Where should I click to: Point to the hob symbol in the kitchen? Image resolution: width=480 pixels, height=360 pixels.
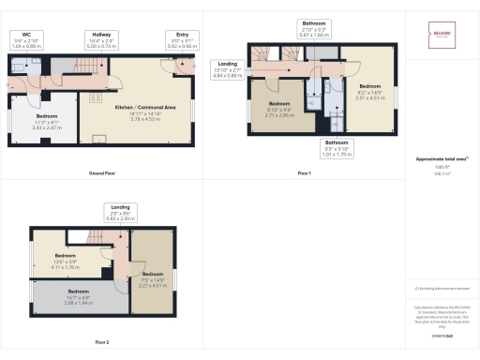tap(95, 97)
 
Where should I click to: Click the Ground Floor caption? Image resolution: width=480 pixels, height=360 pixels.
tap(102, 174)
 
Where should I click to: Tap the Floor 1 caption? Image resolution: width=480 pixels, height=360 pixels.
tap(304, 174)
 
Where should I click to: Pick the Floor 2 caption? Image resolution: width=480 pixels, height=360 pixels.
tap(102, 342)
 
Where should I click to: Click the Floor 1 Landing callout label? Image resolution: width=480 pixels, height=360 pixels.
tap(226, 68)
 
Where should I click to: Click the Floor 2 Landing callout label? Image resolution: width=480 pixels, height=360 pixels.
tap(120, 212)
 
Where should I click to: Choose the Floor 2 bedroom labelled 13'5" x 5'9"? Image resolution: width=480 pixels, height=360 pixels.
tap(66, 260)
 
